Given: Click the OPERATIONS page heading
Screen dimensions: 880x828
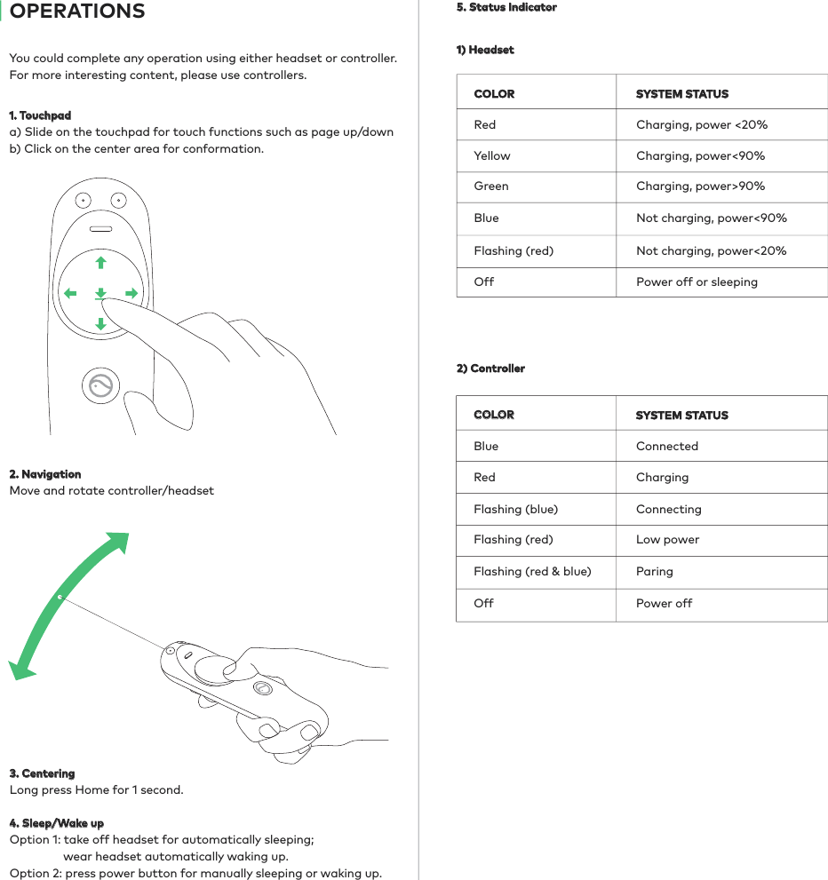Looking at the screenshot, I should click(77, 12).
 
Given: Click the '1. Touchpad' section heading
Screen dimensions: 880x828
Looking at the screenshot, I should click(40, 115).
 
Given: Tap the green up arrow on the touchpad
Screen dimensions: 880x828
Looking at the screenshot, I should click(100, 262).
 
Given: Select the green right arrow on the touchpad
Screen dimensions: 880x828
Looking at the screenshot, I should click(131, 293).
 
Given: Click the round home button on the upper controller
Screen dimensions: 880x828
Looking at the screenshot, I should click(100, 386).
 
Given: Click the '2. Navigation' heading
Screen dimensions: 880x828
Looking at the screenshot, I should click(45, 474).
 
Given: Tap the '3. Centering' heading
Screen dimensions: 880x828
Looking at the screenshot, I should click(42, 773).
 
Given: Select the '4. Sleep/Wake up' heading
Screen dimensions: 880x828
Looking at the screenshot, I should click(57, 823).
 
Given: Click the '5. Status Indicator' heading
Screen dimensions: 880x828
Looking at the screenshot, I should click(506, 7).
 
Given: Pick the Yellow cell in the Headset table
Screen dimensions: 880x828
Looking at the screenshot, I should click(492, 155).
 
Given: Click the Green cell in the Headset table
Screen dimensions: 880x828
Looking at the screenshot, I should click(491, 186).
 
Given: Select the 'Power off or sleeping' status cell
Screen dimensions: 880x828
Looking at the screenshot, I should click(697, 281).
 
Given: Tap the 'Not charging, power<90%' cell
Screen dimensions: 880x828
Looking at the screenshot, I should click(711, 218).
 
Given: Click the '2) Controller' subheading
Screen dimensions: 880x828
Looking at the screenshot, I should click(490, 368).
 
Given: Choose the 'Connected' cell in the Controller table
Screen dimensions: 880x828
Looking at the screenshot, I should click(667, 446).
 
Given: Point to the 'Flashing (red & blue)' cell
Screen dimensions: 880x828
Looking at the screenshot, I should click(532, 571).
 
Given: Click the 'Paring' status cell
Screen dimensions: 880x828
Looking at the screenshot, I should click(655, 571).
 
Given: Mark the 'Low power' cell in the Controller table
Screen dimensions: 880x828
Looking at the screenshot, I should click(667, 539).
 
